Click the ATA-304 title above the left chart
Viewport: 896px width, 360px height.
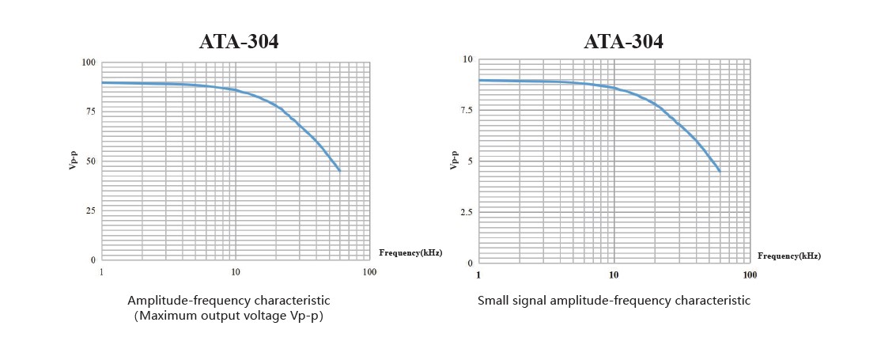(238, 42)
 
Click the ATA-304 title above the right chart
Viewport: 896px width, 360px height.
(623, 42)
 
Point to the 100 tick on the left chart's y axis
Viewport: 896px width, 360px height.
(88, 63)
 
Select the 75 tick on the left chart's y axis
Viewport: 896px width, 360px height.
(90, 112)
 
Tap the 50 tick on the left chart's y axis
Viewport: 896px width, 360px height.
(90, 161)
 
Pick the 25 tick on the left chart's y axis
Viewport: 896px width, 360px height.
(90, 210)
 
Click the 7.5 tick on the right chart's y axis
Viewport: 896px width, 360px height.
(466, 110)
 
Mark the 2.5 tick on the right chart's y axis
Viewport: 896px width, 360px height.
(466, 212)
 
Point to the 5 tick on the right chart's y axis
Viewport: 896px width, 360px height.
(469, 161)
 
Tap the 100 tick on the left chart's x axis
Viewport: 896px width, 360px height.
(369, 272)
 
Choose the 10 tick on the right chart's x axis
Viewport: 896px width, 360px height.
(614, 275)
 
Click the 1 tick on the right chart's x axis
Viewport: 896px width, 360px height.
(478, 275)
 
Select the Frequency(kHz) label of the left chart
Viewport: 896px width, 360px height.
(410, 252)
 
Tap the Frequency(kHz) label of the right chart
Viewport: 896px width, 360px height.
(788, 256)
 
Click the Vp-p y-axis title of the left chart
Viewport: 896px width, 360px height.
(73, 161)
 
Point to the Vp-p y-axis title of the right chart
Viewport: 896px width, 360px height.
(454, 161)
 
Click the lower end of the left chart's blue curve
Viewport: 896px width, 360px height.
(339, 170)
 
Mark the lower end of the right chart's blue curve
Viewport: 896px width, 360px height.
(719, 170)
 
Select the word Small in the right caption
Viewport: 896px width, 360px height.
(493, 301)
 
